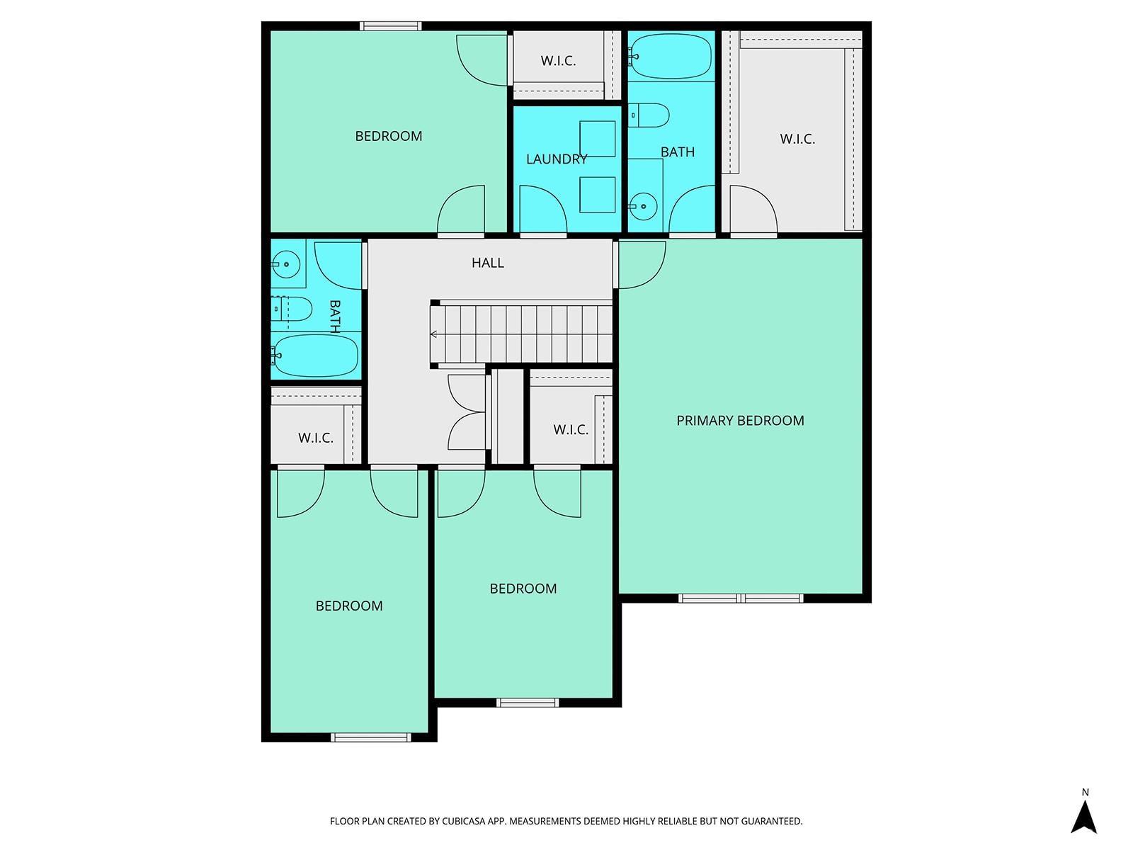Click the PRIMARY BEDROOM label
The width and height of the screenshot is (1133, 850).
point(740,421)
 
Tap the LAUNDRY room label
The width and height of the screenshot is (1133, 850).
point(557,159)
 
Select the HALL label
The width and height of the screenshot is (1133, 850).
point(487,263)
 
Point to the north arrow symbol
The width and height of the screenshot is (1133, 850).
point(1083,813)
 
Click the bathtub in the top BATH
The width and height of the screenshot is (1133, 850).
point(671,56)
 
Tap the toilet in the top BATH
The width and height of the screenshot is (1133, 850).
point(649,115)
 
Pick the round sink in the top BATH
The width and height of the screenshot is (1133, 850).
point(643,206)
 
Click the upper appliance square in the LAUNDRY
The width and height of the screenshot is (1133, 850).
point(597,139)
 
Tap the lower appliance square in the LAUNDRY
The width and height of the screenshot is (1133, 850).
point(597,195)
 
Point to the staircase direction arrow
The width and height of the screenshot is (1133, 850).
point(433,334)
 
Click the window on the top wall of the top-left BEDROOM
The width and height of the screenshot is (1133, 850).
point(391,26)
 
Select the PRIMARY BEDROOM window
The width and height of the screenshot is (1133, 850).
point(741,598)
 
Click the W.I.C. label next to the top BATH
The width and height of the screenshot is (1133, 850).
point(797,139)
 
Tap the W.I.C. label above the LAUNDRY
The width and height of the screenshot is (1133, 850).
point(558,61)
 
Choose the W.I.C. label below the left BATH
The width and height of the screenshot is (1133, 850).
point(315,438)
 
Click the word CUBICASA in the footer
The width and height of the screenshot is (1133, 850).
point(464,821)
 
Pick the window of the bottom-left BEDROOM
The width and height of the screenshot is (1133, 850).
point(371,737)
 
